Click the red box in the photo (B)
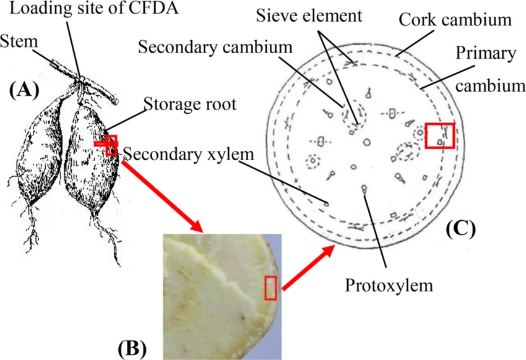coord(270,288)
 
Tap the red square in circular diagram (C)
coord(440,135)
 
